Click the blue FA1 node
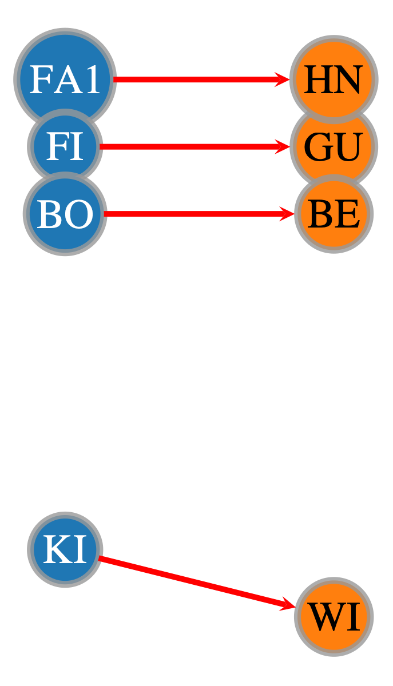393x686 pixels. pyautogui.click(x=65, y=79)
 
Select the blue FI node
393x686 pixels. pyautogui.click(x=65, y=146)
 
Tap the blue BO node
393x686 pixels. pyautogui.click(x=65, y=213)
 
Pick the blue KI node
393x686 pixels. pyautogui.click(x=65, y=549)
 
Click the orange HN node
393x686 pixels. pyautogui.click(x=334, y=79)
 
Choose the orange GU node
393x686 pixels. pyautogui.click(x=334, y=146)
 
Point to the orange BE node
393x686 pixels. pyautogui.click(x=334, y=213)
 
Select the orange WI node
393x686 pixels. pyautogui.click(x=334, y=616)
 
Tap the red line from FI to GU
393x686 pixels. pyautogui.click(x=194, y=146)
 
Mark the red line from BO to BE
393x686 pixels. pyautogui.click(x=199, y=213)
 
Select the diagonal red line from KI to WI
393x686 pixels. pyautogui.click(x=197, y=582)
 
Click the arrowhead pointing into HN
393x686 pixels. pyautogui.click(x=283, y=79)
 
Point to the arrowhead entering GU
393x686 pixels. pyautogui.click(x=283, y=146)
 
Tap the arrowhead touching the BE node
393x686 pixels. pyautogui.click(x=287, y=213)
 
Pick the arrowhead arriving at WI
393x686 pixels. pyautogui.click(x=288, y=604)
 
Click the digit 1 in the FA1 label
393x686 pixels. pyautogui.click(x=93, y=79)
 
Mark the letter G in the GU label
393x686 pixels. pyautogui.click(x=317, y=147)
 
